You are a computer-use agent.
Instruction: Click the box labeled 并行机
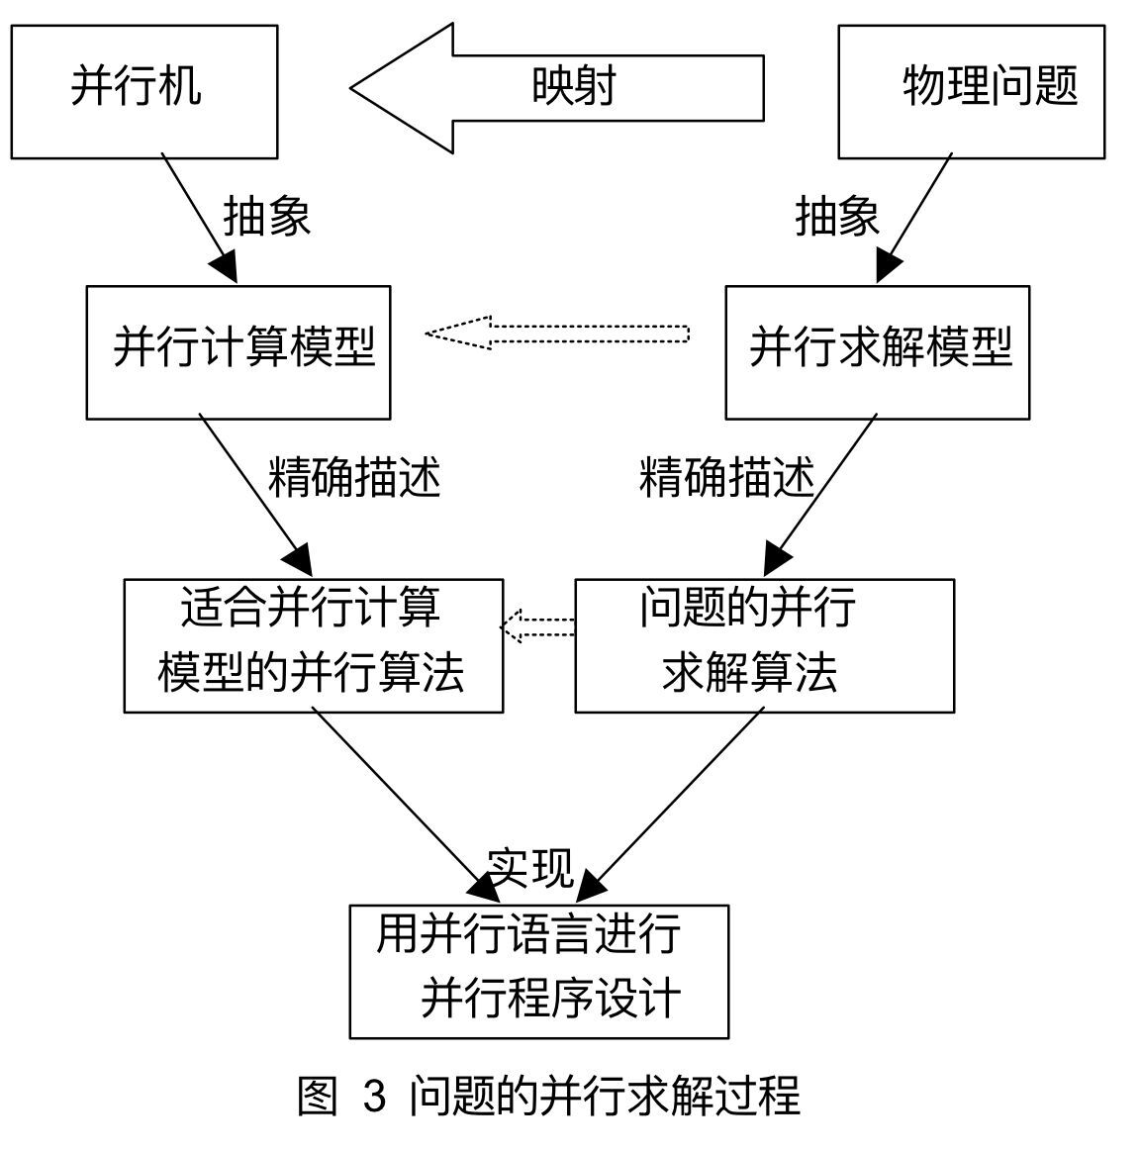coord(143,91)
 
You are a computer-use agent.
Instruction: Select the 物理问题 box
coord(971,91)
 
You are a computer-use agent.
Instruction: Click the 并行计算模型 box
coord(238,352)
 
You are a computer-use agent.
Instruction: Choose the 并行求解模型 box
coord(877,352)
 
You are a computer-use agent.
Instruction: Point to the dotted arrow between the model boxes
coord(557,333)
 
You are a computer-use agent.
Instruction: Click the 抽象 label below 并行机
coord(267,215)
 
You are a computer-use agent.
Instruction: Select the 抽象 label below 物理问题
coord(837,215)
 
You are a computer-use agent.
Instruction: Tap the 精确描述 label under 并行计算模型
coord(354,478)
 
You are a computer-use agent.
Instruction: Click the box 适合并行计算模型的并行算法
coord(313,645)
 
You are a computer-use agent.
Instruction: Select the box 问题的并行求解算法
coord(764,645)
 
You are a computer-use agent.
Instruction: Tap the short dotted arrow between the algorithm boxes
coord(538,626)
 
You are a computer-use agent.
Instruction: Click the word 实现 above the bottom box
coord(531,867)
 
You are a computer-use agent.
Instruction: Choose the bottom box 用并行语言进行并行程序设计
coord(539,971)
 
